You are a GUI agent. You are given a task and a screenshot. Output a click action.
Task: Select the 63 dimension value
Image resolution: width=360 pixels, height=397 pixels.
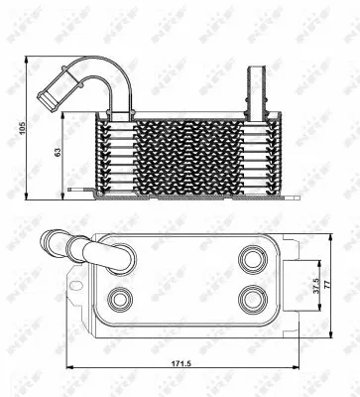coord(59,152)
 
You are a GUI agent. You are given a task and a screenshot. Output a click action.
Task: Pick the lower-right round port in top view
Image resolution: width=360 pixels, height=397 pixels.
coord(252,298)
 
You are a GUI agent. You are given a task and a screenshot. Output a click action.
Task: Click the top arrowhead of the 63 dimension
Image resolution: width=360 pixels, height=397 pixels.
coord(66,113)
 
